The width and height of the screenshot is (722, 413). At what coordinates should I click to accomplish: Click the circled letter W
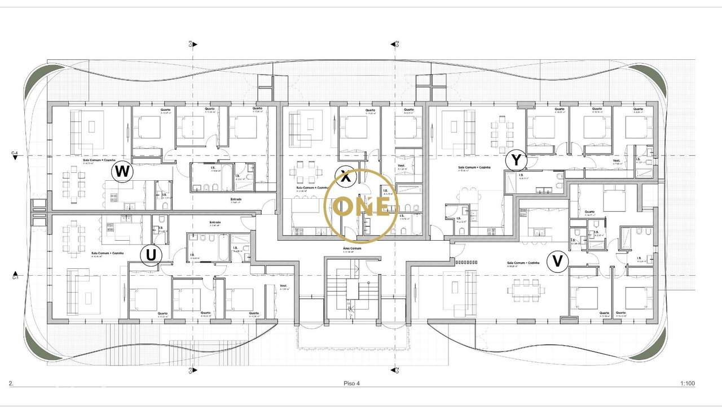pyautogui.click(x=122, y=171)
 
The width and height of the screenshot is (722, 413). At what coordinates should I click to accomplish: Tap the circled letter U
pyautogui.click(x=151, y=256)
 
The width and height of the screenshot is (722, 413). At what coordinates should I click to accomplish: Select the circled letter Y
pyautogui.click(x=516, y=160)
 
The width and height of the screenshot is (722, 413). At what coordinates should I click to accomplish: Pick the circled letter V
pyautogui.click(x=557, y=262)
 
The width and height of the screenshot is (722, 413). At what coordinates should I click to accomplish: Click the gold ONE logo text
pyautogui.click(x=361, y=206)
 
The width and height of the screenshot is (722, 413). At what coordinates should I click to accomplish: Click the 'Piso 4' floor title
pyautogui.click(x=351, y=384)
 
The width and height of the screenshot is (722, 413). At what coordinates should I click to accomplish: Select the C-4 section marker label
pyautogui.click(x=15, y=153)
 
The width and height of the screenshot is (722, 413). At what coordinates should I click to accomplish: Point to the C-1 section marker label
pyautogui.click(x=15, y=277)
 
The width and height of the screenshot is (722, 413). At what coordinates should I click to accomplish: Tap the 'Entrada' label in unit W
pyautogui.click(x=236, y=199)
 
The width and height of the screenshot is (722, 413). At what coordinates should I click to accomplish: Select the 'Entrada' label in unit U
pyautogui.click(x=215, y=222)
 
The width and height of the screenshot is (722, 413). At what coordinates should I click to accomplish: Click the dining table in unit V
pyautogui.click(x=526, y=290)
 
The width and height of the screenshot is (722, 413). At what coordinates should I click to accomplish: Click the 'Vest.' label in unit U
pyautogui.click(x=284, y=286)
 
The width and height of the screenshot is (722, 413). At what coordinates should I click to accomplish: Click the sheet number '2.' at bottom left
pyautogui.click(x=11, y=384)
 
